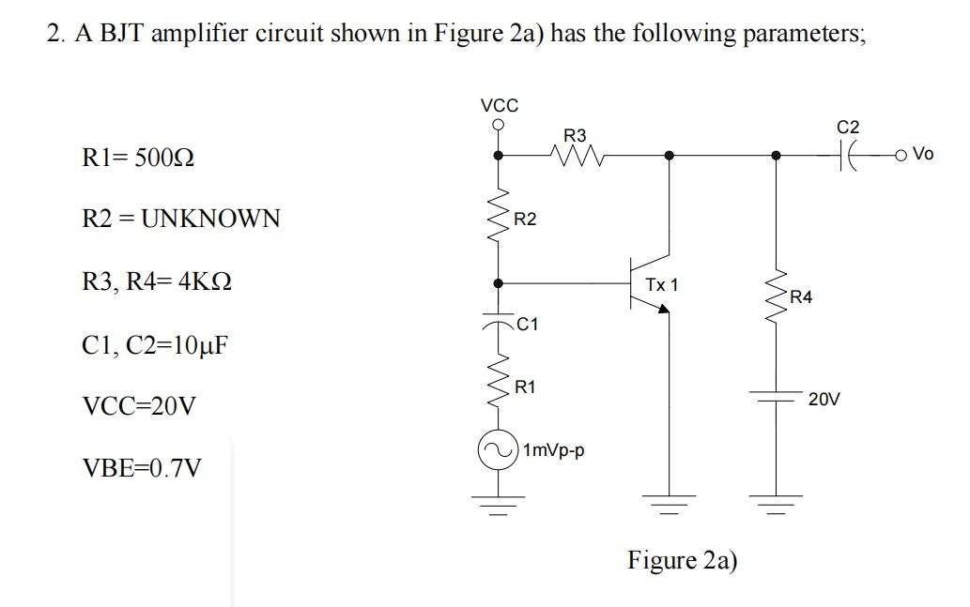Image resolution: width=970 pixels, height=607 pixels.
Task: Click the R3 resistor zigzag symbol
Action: click(x=576, y=156)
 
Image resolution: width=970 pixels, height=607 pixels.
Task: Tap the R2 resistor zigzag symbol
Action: click(x=498, y=218)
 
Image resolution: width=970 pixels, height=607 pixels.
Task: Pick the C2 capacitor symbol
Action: click(x=847, y=156)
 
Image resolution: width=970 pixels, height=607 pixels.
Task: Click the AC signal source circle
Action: click(x=498, y=450)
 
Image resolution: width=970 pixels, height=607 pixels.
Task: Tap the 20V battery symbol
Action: click(x=776, y=396)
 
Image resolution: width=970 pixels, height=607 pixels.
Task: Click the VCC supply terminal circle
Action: click(x=498, y=125)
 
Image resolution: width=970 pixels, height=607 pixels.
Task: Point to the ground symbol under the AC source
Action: click(x=498, y=505)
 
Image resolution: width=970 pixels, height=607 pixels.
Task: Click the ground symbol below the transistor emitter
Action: click(x=669, y=505)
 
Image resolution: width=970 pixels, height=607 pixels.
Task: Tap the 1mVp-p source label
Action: click(x=554, y=450)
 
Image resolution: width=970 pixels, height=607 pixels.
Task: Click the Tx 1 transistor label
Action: click(x=662, y=285)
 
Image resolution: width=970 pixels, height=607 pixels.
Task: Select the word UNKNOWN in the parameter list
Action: click(x=210, y=219)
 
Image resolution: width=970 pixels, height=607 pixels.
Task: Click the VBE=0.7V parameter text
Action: click(x=142, y=468)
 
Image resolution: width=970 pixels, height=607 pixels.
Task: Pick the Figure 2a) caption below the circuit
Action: click(x=683, y=560)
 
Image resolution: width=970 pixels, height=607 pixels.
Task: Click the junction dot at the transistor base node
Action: click(x=498, y=283)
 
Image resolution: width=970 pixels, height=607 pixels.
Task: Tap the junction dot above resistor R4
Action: click(x=776, y=156)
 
